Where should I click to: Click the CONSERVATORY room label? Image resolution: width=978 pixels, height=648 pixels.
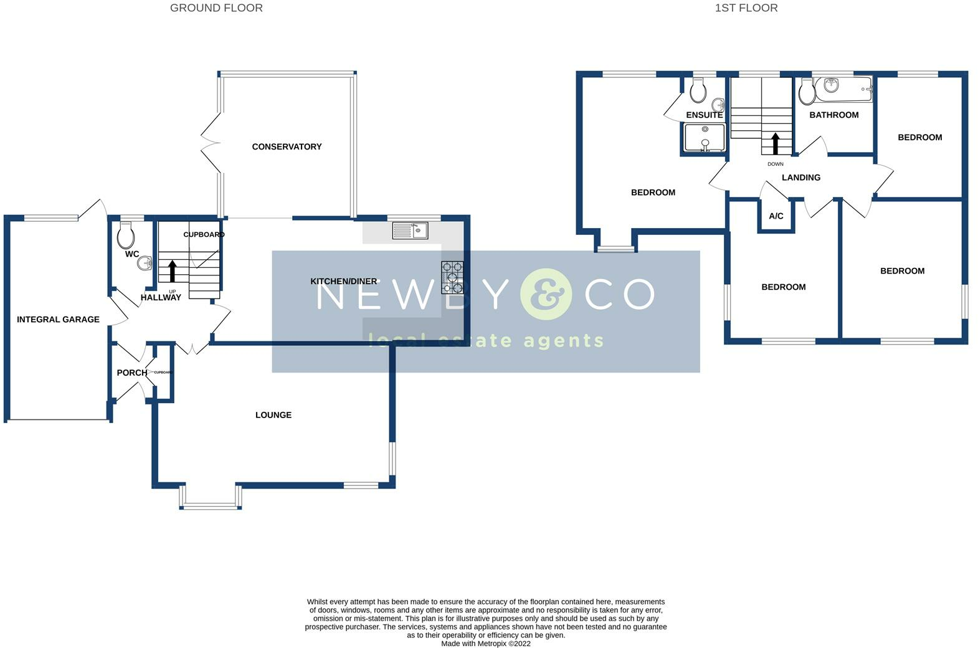click(x=287, y=146)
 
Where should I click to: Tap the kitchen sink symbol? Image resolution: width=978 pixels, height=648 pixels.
click(x=410, y=231)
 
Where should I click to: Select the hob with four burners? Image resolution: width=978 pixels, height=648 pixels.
click(x=452, y=277)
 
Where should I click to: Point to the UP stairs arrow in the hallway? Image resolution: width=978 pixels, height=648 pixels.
click(x=173, y=271)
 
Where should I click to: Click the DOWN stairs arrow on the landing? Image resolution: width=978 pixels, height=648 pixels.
click(x=776, y=143)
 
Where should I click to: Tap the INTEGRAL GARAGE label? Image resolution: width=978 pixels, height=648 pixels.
click(x=58, y=319)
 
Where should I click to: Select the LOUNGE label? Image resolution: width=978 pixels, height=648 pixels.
click(x=273, y=415)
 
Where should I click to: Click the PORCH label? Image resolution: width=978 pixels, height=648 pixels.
click(x=132, y=373)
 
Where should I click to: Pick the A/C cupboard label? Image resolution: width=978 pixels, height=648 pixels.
click(x=776, y=216)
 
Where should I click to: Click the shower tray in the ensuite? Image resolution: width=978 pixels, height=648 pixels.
click(x=705, y=138)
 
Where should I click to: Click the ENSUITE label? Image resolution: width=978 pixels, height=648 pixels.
click(x=704, y=115)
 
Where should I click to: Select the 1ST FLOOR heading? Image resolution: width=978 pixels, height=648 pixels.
click(x=746, y=8)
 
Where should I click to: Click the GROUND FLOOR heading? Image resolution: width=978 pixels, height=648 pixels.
click(x=216, y=8)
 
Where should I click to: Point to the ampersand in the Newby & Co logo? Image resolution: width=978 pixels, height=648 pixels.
click(x=546, y=294)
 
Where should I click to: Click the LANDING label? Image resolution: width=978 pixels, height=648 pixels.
click(x=800, y=178)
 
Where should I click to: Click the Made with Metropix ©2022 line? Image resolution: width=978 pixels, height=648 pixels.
click(x=485, y=644)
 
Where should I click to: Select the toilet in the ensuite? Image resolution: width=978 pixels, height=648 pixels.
click(x=698, y=90)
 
